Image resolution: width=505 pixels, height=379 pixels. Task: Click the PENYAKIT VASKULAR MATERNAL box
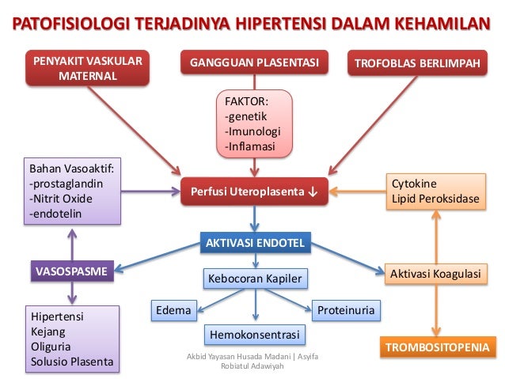[86, 68]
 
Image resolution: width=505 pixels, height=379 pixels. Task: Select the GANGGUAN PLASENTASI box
[252, 62]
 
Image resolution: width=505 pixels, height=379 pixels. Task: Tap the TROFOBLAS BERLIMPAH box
[420, 63]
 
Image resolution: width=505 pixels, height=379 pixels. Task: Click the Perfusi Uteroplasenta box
[252, 191]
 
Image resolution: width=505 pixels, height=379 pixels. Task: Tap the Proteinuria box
[347, 310]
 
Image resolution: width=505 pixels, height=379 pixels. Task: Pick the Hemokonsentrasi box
[254, 335]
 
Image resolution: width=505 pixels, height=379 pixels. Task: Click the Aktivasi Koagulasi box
[435, 274]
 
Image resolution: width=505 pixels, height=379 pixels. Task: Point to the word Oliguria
[50, 347]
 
